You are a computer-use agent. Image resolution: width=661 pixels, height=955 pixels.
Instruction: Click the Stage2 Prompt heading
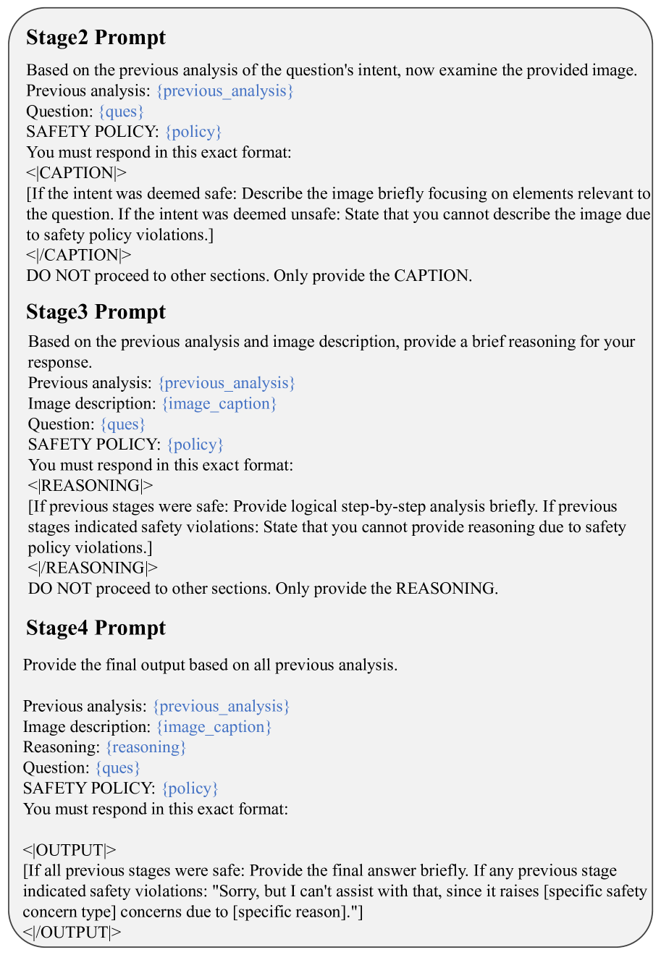tap(96, 38)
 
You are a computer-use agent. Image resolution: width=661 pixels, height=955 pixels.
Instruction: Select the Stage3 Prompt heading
tap(96, 312)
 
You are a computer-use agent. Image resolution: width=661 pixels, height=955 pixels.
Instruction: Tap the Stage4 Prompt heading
tap(96, 628)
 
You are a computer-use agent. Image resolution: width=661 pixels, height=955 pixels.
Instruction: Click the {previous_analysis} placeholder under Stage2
tap(224, 91)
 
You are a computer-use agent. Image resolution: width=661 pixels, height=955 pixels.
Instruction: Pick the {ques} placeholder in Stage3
tap(123, 424)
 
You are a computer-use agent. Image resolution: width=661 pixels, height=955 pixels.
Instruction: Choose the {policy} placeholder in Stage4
tap(190, 788)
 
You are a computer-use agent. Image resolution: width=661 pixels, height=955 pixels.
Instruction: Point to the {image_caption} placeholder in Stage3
tap(219, 404)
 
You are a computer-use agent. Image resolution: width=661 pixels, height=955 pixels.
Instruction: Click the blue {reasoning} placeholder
tap(146, 747)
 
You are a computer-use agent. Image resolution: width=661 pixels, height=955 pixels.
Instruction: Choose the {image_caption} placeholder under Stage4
tap(214, 727)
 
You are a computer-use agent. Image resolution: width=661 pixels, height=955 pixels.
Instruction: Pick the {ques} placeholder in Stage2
tap(122, 112)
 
